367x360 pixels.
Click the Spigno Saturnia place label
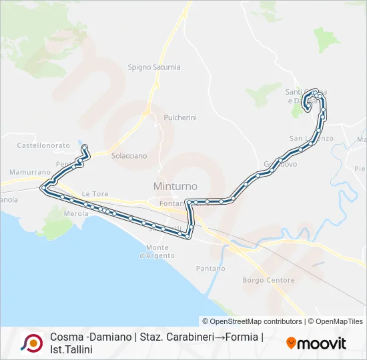[153, 67]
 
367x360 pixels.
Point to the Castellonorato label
[43, 145]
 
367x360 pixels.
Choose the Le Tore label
[95, 194]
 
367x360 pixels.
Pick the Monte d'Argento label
[157, 251]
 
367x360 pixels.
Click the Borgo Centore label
[268, 280]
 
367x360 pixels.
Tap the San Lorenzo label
[310, 138]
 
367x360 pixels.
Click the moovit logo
[316, 343]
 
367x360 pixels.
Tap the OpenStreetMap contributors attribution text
[252, 321]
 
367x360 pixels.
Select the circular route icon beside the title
[32, 343]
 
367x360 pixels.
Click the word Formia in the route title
[241, 337]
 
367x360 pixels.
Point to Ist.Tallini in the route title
[71, 349]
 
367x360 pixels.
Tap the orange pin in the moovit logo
[291, 343]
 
